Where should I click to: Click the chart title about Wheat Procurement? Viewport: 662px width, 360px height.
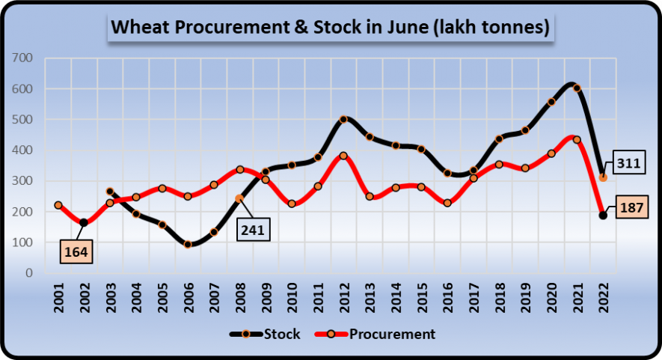(x=331, y=28)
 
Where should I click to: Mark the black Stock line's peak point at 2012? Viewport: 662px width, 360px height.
(x=343, y=119)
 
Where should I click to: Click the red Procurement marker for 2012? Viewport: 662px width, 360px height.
(x=343, y=156)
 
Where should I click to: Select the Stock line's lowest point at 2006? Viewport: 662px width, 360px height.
(x=188, y=245)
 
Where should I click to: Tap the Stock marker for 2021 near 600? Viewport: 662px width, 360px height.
(x=577, y=88)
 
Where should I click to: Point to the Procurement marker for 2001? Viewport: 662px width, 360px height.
(x=58, y=205)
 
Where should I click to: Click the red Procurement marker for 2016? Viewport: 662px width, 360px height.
(x=447, y=203)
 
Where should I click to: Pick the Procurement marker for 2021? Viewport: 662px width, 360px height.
(x=577, y=140)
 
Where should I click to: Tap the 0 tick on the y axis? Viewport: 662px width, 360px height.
(x=30, y=273)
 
